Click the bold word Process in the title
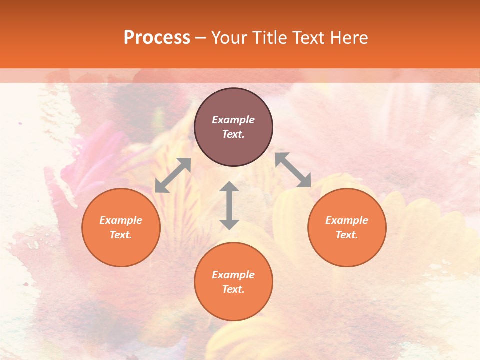tap(157, 38)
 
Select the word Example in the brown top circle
tap(233, 120)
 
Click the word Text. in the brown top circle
tap(233, 134)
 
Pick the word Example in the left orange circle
tap(121, 220)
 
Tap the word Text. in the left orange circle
tap(121, 235)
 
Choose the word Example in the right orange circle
tap(347, 220)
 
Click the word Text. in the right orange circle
tap(347, 235)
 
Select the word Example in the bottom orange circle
tap(233, 275)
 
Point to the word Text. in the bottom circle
tap(233, 289)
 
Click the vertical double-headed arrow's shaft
tap(229, 205)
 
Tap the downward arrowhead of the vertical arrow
tap(229, 224)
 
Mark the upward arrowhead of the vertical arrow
tap(229, 187)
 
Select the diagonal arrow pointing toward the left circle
tap(173, 175)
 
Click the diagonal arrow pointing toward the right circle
tap(293, 170)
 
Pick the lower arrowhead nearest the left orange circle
tap(161, 187)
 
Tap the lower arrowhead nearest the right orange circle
tap(304, 181)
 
